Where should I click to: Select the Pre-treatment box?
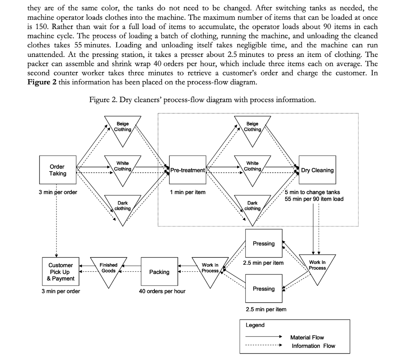point(188,170)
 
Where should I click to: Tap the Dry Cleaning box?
point(317,170)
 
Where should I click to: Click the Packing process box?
point(159,272)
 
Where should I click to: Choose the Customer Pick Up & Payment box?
point(60,272)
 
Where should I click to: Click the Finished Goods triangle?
point(108,269)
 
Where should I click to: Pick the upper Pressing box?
point(263,243)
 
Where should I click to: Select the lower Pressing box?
point(263,289)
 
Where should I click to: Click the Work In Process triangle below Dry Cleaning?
point(317,266)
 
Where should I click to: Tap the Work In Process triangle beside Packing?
point(210,269)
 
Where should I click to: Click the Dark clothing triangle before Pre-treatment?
point(123,207)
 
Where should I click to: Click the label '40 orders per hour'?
point(162,291)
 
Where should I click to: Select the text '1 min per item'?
point(188,192)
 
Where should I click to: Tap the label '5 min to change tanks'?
point(312,192)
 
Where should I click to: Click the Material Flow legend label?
point(307,337)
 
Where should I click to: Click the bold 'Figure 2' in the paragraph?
point(42,82)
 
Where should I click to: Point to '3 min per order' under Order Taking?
point(58,192)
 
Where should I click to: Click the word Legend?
point(255,325)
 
